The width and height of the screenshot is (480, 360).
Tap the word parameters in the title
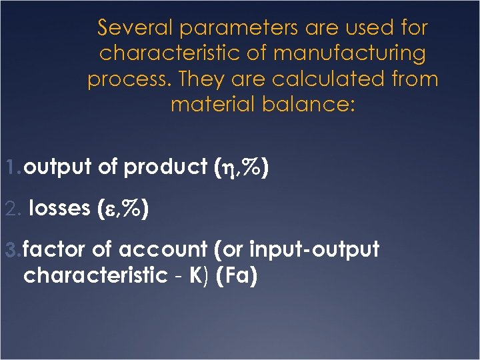pos(233,28)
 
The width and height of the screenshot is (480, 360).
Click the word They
pos(201,79)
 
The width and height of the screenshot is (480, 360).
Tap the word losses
pos(61,209)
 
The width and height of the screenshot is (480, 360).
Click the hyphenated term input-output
pos(314,250)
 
